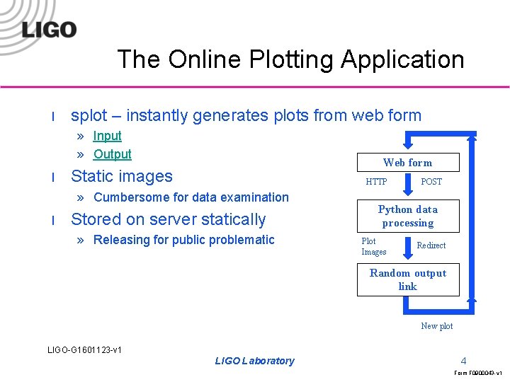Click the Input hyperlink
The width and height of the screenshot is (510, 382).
coord(107,136)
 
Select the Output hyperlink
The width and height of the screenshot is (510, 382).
coord(112,154)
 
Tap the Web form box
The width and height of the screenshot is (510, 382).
coord(407,163)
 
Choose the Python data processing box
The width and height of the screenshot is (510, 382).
coord(407,216)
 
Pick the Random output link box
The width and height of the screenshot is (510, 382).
coord(407,279)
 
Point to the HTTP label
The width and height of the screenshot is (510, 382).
coord(376,182)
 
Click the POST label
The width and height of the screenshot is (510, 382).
coord(431,182)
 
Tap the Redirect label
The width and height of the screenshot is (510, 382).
coord(431,245)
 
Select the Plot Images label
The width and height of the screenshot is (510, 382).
coord(373,246)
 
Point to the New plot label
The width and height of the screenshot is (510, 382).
coord(436,326)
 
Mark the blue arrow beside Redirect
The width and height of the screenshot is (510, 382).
coord(407,247)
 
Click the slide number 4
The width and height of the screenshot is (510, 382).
coord(463,360)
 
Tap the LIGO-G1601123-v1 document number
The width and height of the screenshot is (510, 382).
coord(84,350)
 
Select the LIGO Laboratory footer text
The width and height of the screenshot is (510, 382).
coord(254,361)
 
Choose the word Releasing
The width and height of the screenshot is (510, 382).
coord(124,240)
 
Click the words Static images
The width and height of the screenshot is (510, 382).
coord(122,176)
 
